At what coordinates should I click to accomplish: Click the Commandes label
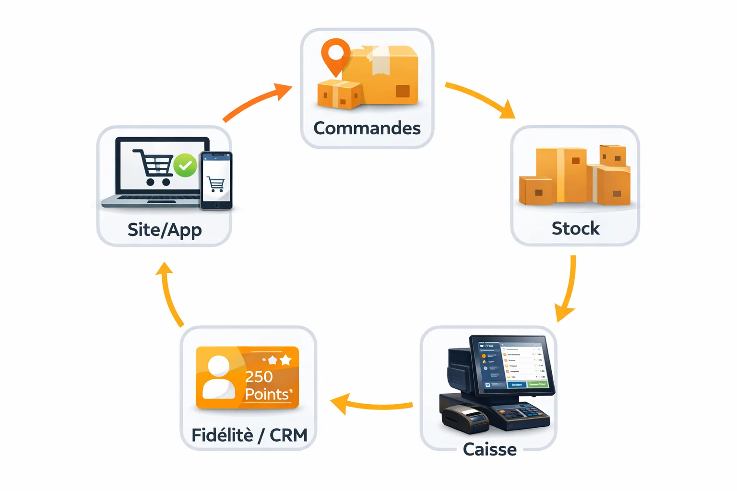point(367,128)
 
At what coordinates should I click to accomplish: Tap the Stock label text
point(575,228)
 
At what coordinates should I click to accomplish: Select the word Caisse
point(489,449)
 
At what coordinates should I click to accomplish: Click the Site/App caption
point(165,230)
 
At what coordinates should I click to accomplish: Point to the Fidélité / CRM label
point(249,435)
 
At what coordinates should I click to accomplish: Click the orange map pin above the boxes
point(335,54)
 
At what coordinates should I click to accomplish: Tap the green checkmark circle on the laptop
point(185,165)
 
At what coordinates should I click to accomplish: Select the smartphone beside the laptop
point(216,181)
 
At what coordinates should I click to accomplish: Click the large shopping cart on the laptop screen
point(154,167)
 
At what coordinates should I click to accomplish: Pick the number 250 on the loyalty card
point(259,377)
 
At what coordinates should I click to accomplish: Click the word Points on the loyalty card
point(267,394)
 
